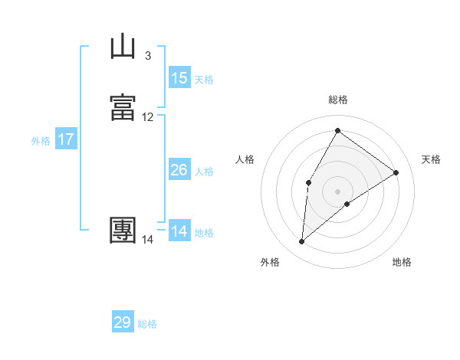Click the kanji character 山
click(123, 47)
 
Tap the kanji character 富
click(123, 108)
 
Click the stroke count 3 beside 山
click(147, 56)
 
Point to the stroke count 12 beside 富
click(148, 117)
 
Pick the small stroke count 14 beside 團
click(148, 240)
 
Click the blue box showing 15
click(179, 78)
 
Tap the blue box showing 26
click(179, 170)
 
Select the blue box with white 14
click(179, 231)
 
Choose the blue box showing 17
click(66, 139)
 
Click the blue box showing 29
click(123, 322)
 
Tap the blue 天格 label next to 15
click(204, 80)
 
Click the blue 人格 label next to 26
click(204, 172)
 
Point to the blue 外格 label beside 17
click(41, 141)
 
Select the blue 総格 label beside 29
click(147, 324)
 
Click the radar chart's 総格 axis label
click(337, 100)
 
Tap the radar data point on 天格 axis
click(396, 172)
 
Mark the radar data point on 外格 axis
click(301, 242)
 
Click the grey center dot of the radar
click(337, 191)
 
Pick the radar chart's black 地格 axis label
click(402, 263)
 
